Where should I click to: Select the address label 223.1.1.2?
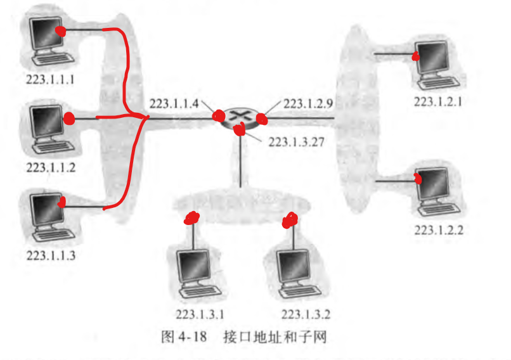pos(50,167)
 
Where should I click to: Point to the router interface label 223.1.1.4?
pos(174,103)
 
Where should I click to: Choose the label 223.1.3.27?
pos(297,142)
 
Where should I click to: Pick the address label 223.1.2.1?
pos(439,101)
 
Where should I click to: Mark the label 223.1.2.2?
pos(439,229)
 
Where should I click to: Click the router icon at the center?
pos(241,117)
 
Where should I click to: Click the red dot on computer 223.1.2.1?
pos(415,56)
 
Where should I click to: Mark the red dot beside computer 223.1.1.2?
pos(69,118)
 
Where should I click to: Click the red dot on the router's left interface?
pos(219,117)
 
